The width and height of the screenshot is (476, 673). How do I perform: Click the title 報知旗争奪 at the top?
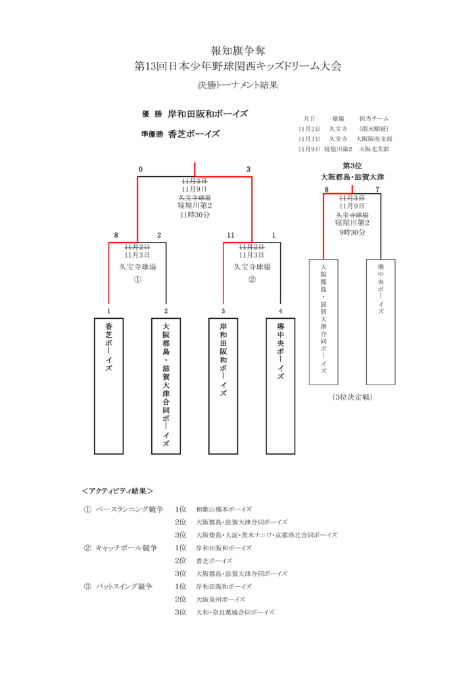pos(238,51)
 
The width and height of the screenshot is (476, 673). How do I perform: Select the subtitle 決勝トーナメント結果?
pos(238,85)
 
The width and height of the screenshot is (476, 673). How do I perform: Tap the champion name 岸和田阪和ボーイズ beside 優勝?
pos(208,114)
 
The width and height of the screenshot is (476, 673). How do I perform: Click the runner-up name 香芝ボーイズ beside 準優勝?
pos(193,134)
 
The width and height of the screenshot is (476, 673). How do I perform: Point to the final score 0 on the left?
pos(140,170)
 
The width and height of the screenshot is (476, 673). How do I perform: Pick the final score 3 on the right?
pos(249,170)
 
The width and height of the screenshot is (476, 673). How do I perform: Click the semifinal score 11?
pos(231,235)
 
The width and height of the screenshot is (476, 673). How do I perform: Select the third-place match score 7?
pos(377,189)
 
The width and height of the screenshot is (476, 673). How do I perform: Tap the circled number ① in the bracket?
pos(137,279)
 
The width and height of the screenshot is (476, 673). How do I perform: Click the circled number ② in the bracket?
pos(252,279)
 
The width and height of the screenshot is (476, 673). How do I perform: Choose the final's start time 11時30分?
pos(195,215)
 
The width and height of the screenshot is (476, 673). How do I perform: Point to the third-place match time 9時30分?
pos(352,232)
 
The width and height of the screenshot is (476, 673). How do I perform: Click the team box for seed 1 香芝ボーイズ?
pos(108,386)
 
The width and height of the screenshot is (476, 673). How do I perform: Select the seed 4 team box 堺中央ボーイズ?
pos(280,386)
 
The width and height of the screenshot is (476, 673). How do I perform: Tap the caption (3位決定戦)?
pos(352,398)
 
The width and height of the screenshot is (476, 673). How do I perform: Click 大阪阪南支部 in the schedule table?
pos(374,139)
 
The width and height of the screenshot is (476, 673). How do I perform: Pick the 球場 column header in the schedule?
pos(338,118)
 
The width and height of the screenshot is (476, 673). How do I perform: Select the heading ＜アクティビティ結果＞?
pos(118,491)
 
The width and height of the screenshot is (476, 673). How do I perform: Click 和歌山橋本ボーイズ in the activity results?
pos(224,509)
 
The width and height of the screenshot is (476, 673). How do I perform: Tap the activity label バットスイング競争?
pos(124,586)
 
